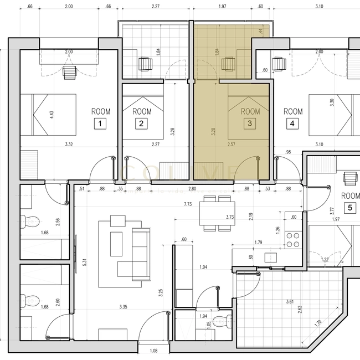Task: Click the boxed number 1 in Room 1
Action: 100,124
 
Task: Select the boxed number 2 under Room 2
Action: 142,124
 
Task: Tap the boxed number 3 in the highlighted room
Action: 250,124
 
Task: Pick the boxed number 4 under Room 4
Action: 292,124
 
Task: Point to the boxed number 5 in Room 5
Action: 350,208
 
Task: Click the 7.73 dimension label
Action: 189,204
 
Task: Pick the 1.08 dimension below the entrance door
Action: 154,351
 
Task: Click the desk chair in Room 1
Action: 70,71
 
